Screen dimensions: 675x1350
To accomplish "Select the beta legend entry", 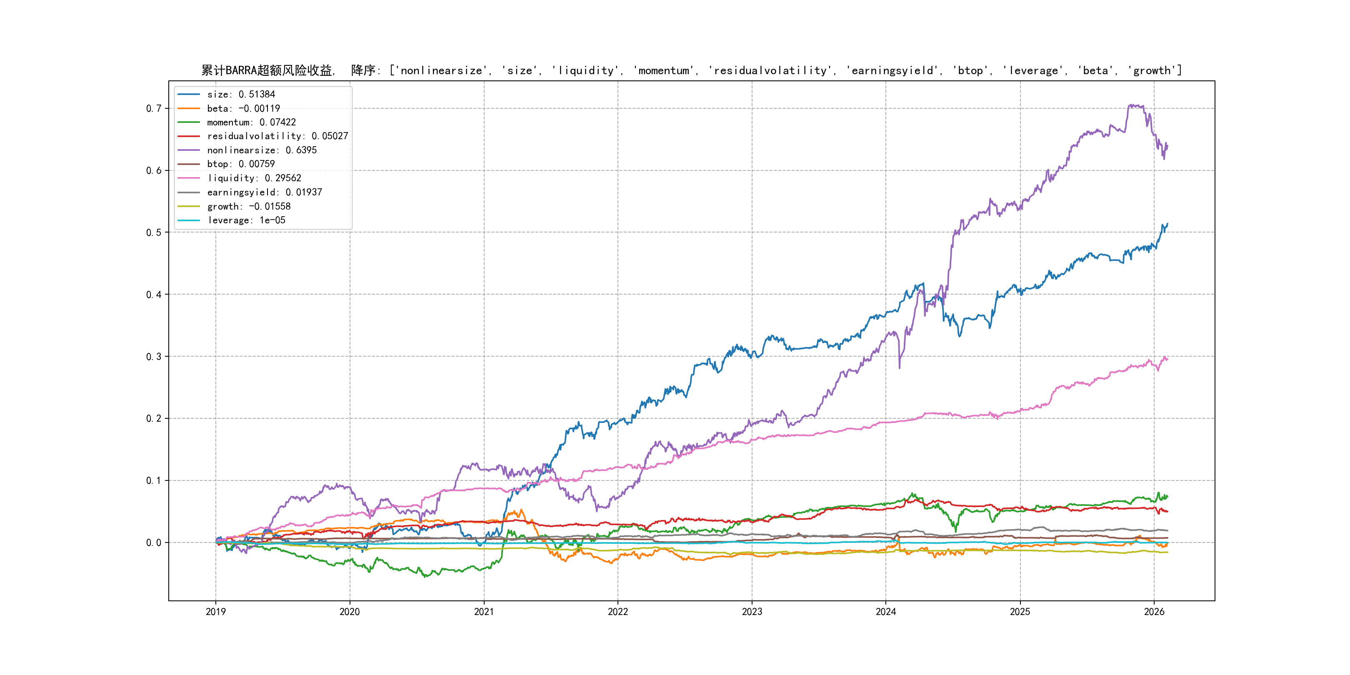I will [243, 108].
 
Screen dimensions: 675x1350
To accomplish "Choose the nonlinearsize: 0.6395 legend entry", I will [262, 150].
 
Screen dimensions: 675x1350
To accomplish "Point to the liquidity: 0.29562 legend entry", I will [254, 178].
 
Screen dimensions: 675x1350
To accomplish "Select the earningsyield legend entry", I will [264, 192].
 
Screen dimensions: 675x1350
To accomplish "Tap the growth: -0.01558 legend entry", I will [248, 207].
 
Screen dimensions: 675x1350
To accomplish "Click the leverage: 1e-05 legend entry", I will [246, 220].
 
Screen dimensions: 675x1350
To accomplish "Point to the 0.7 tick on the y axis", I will [154, 108].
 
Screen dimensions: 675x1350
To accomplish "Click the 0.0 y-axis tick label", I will [154, 542].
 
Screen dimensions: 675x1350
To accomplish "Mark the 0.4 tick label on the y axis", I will [154, 295].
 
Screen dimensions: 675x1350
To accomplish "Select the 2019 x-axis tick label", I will [215, 612].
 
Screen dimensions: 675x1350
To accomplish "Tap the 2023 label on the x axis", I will [752, 612].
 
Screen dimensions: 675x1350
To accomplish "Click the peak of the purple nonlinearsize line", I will [1129, 105].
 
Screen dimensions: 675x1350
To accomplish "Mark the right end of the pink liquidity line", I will [1167, 360].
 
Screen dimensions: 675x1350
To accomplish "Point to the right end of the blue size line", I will [1167, 224].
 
